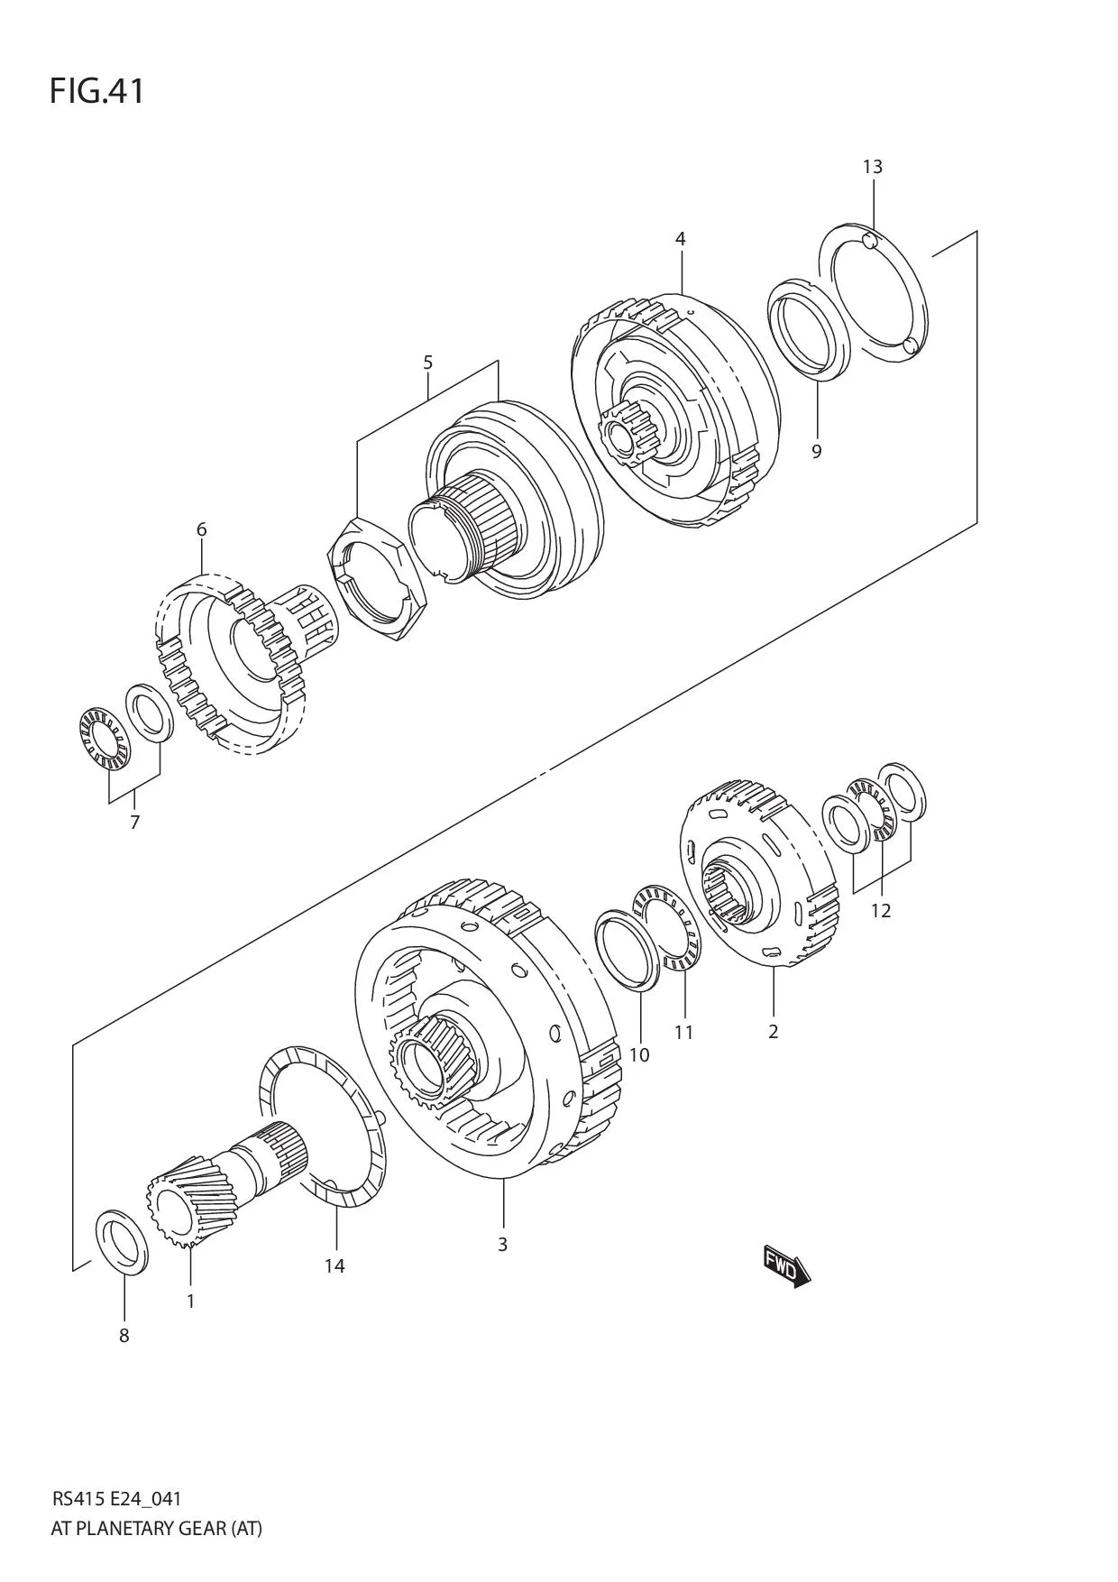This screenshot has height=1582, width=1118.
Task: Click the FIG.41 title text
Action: point(96,92)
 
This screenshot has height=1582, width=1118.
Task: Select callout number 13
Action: point(872,167)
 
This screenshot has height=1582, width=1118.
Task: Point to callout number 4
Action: point(680,239)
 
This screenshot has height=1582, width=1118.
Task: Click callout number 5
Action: point(427,363)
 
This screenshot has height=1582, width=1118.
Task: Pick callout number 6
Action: point(201,529)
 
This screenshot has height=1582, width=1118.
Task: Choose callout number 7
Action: point(134,822)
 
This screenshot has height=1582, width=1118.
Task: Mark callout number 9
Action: point(816,451)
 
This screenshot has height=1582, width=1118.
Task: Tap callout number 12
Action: point(880,910)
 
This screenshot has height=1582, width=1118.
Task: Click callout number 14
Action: point(334,1265)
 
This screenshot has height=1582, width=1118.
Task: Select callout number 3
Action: point(502,1244)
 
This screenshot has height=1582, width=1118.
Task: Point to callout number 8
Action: point(124,1336)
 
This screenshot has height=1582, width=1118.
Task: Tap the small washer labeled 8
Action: point(122,1244)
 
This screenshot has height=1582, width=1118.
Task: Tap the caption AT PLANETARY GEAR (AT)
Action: point(156,1528)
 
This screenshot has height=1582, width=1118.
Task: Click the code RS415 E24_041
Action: point(116,1499)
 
